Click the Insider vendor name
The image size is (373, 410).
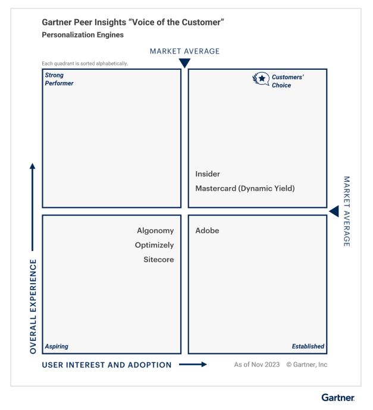[x=208, y=174]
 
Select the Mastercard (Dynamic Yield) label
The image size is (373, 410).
[x=245, y=188]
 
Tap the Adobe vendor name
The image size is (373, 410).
[x=207, y=231]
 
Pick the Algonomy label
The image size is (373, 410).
[x=155, y=231]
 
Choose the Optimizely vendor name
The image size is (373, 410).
[x=154, y=245]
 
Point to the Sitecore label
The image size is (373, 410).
[x=158, y=259]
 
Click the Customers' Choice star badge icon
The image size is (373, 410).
[x=261, y=78]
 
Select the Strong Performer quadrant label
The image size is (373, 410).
[x=59, y=79]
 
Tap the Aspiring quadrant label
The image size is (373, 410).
[x=57, y=346]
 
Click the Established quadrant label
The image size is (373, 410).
[x=308, y=346]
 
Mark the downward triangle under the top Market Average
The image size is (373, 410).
[x=184, y=63]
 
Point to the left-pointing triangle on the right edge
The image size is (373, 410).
[x=334, y=211]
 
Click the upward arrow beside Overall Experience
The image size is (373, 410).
[x=33, y=206]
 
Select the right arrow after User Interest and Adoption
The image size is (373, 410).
[x=193, y=365]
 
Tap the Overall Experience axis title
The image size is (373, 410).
[x=33, y=306]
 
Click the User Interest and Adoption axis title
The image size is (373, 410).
[x=106, y=365]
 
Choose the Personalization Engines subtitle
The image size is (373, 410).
[x=83, y=35]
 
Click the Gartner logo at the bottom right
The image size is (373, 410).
[x=338, y=397]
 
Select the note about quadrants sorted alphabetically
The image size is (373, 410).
[x=84, y=64]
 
